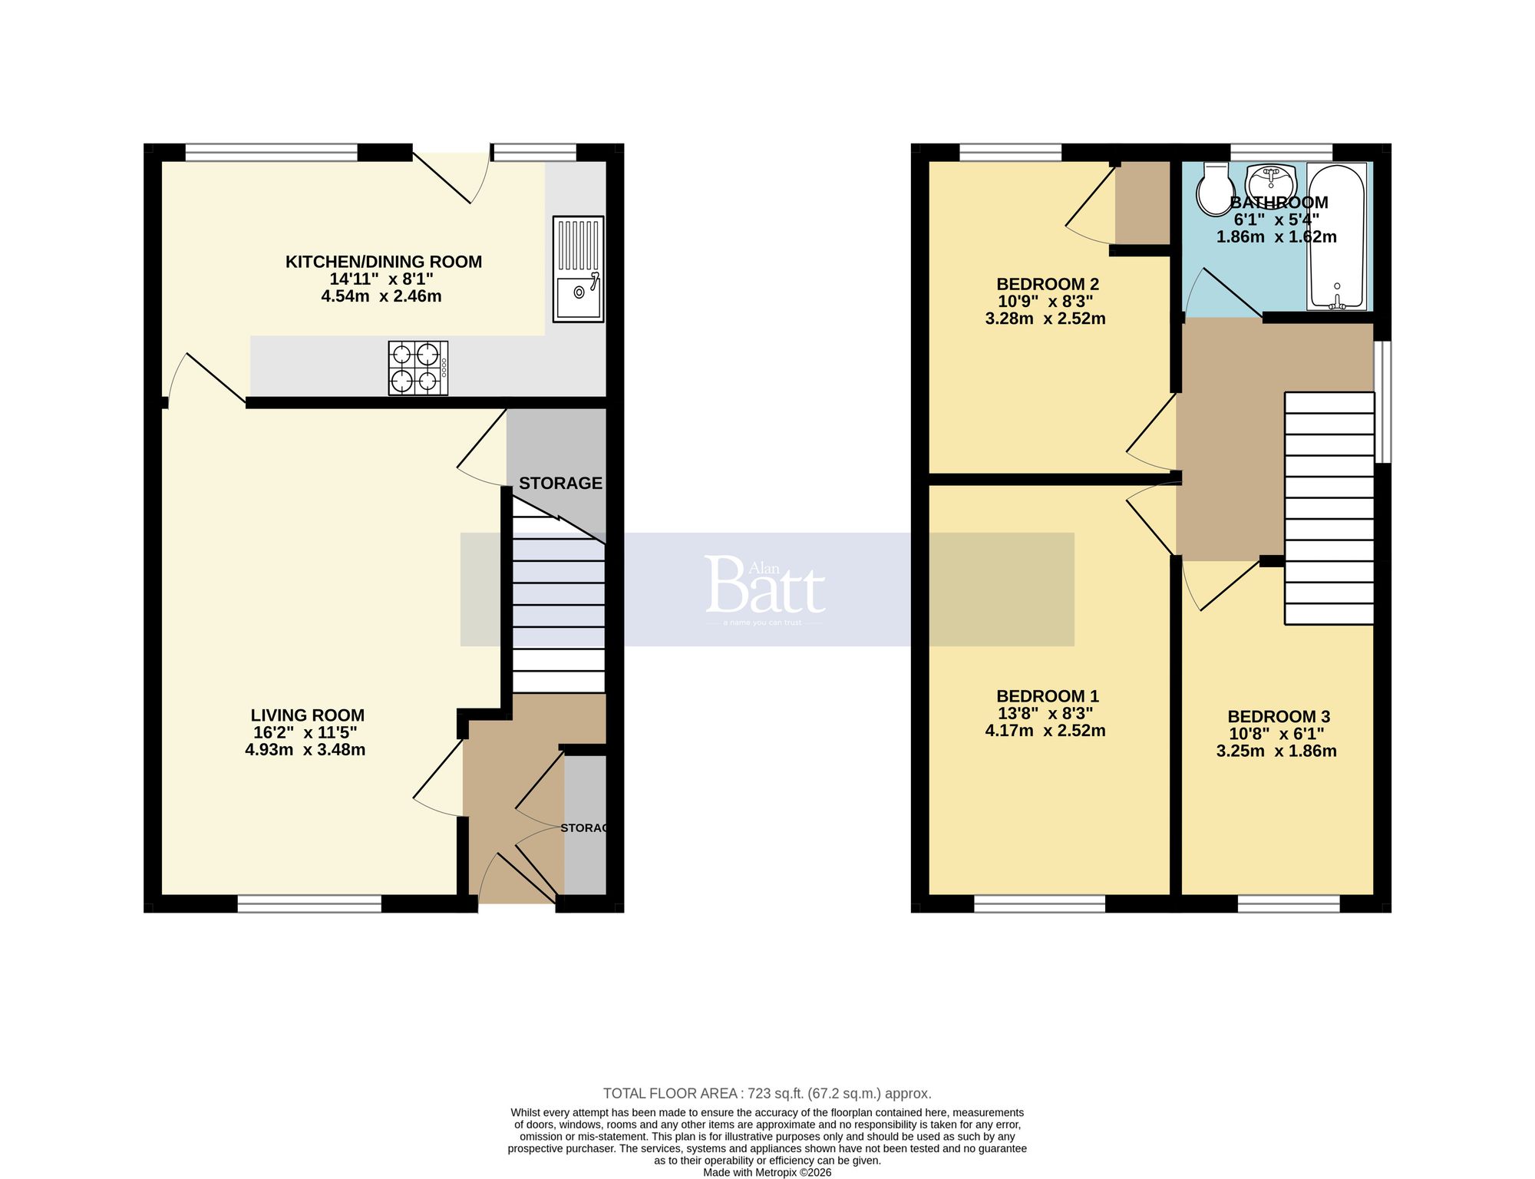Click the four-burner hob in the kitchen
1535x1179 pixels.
point(418,368)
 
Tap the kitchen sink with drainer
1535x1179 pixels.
point(578,268)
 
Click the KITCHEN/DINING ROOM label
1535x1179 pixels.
point(384,262)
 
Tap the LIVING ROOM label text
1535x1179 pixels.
point(307,715)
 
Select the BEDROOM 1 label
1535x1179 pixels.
point(1047,696)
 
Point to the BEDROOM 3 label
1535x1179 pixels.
point(1278,717)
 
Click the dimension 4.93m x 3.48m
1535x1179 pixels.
point(305,750)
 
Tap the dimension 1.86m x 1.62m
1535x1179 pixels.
point(1276,237)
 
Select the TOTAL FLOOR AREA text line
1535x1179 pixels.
point(767,1093)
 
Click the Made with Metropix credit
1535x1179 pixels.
point(767,1172)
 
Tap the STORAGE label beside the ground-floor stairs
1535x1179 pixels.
point(560,483)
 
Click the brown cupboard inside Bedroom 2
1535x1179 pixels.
point(1141,203)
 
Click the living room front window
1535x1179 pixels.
point(309,904)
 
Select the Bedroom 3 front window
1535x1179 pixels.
point(1289,904)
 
